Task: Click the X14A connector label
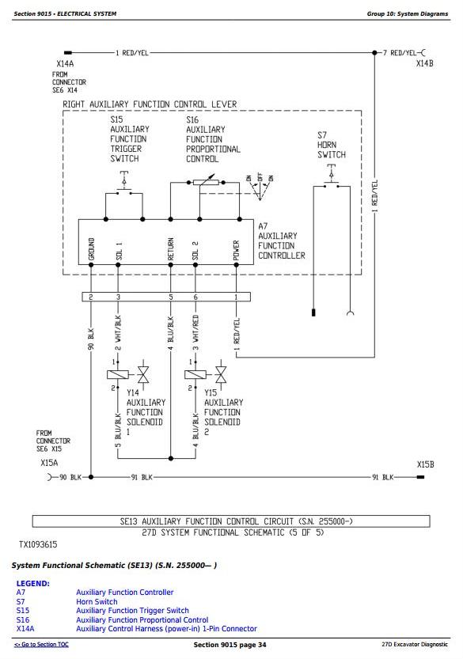click(x=65, y=64)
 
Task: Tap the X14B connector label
click(x=424, y=63)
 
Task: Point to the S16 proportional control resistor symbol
click(x=206, y=182)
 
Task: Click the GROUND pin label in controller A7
click(x=91, y=248)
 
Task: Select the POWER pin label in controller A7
click(x=236, y=250)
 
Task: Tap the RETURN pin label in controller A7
click(x=170, y=248)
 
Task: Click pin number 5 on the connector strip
click(x=171, y=297)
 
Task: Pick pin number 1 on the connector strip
click(x=236, y=297)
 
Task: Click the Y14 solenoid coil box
click(x=118, y=374)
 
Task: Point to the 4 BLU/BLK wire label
click(x=171, y=333)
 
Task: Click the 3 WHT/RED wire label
click(x=195, y=333)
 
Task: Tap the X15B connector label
click(x=425, y=464)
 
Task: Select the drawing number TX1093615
click(x=38, y=544)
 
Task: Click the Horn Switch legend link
click(x=97, y=601)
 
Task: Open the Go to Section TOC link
click(x=41, y=644)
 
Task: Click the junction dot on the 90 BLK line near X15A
click(x=91, y=477)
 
